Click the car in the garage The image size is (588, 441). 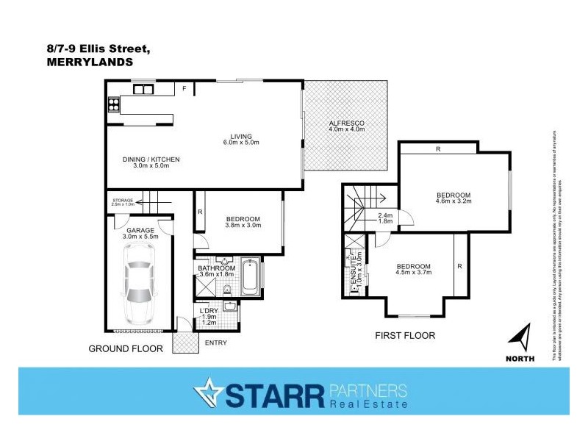click(x=140, y=282)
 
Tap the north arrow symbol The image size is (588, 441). click(x=520, y=340)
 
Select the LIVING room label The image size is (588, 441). click(x=241, y=136)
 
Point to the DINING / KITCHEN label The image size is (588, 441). click(x=151, y=159)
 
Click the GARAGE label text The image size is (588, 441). click(x=140, y=230)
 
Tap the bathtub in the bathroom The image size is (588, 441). click(x=251, y=277)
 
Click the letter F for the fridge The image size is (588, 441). click(x=184, y=89)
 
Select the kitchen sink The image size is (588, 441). click(x=143, y=89)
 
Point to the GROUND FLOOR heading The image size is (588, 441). click(x=126, y=348)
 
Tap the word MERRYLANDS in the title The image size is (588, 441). click(x=90, y=62)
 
